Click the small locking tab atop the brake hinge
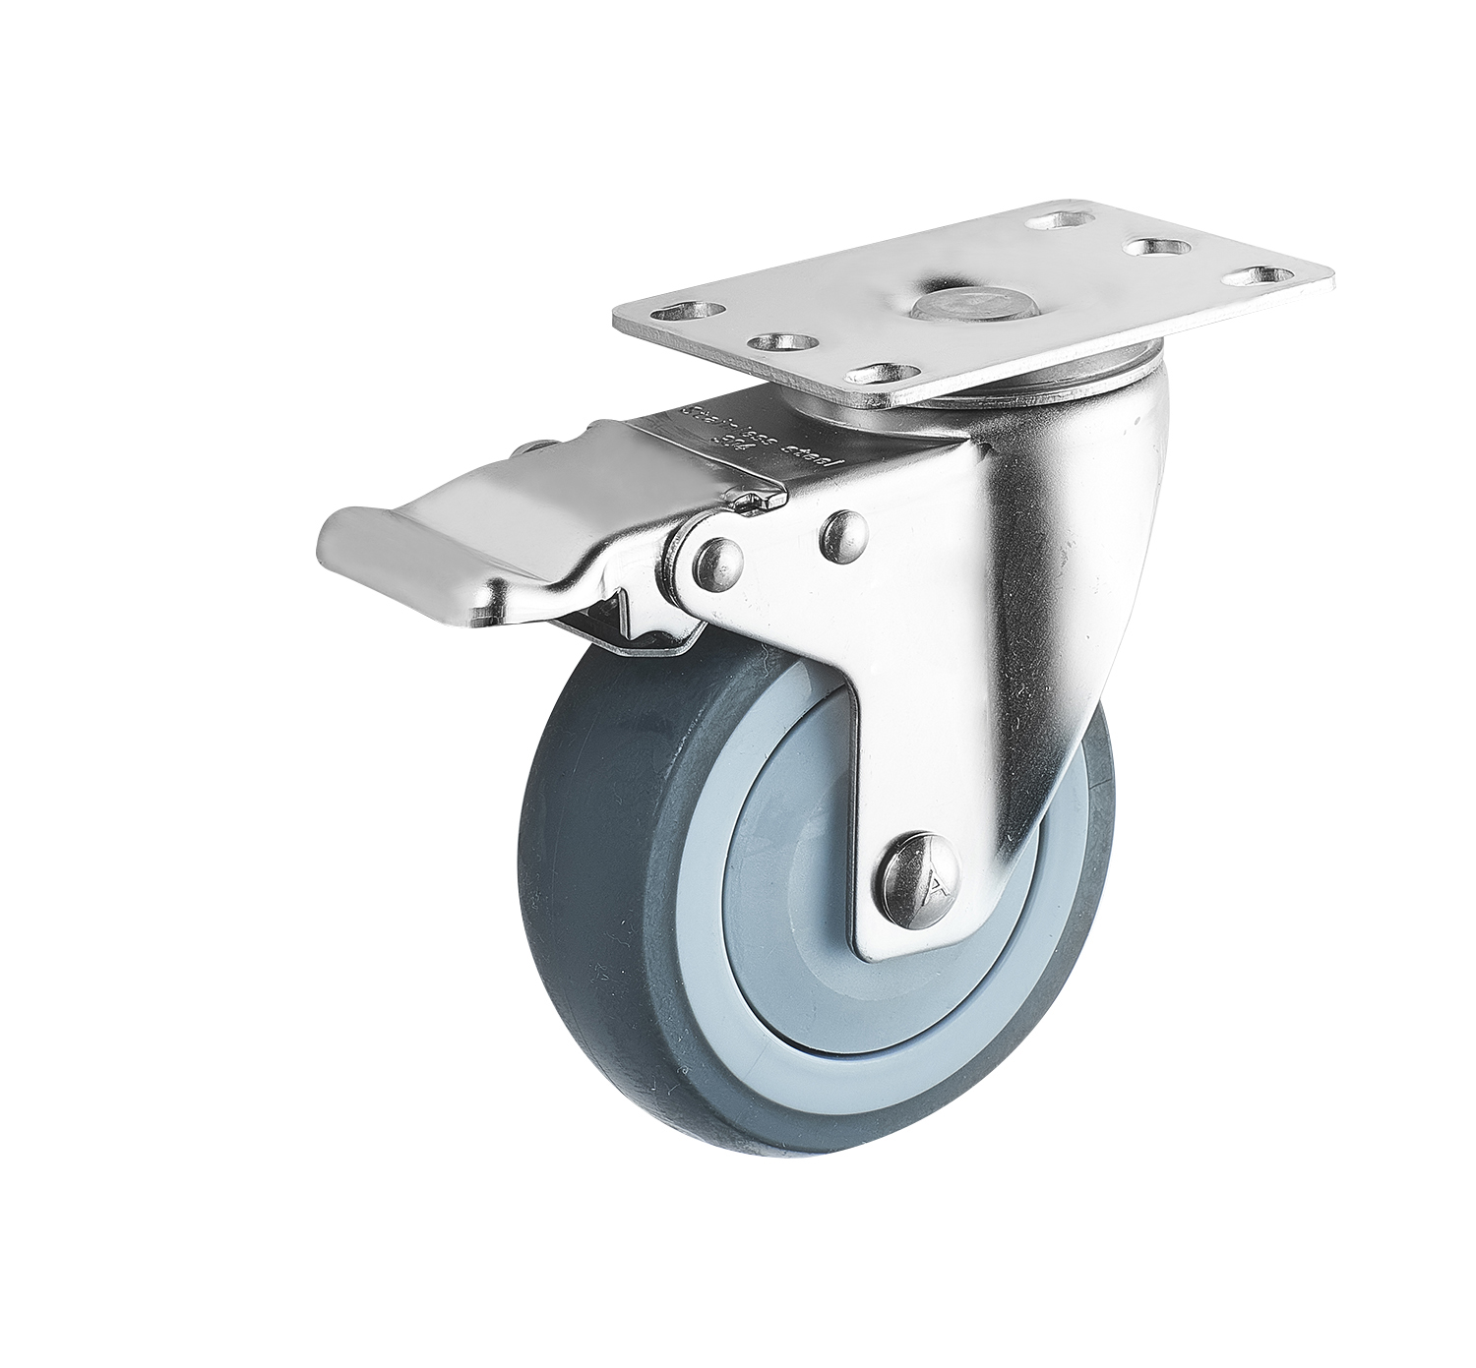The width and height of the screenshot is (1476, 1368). [x=756, y=502]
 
